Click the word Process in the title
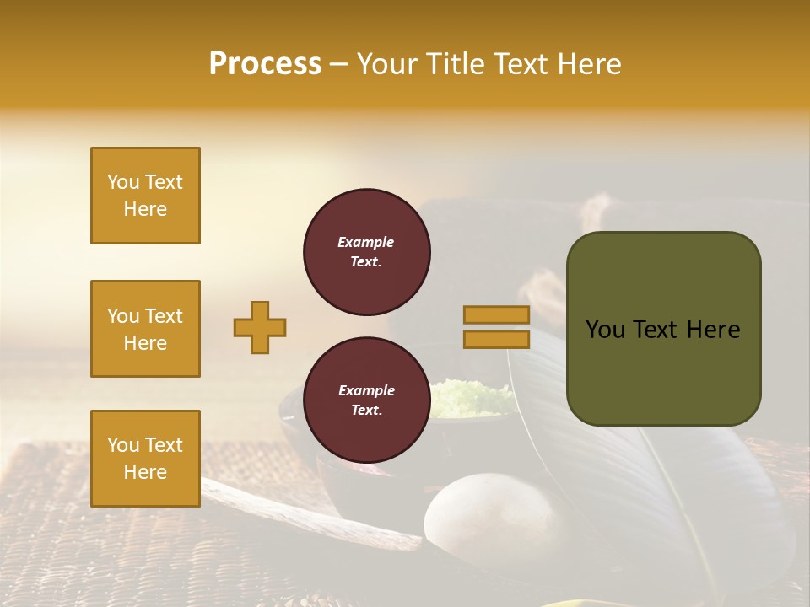[265, 64]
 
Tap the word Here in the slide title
[587, 64]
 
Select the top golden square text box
[145, 196]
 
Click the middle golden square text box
[145, 329]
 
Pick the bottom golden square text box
[145, 459]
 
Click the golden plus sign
[260, 327]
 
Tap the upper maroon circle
[366, 252]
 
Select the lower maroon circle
[366, 400]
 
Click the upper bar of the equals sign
[496, 314]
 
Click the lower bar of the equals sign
[496, 339]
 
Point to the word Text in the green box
[657, 330]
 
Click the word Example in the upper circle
[366, 242]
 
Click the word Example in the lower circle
[366, 390]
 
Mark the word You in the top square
[123, 182]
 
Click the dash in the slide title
[338, 65]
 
